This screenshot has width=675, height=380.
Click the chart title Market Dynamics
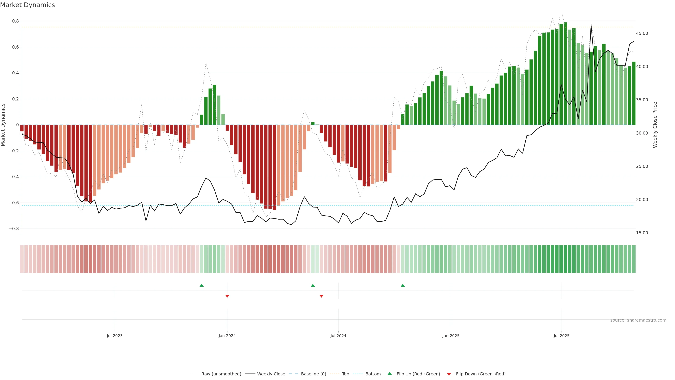[x=28, y=5]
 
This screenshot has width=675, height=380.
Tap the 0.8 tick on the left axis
[x=15, y=21]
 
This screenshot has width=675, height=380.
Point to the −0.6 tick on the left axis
[x=14, y=203]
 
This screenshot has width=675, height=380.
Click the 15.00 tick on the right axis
[x=642, y=233]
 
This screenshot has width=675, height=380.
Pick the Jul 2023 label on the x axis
[x=114, y=336]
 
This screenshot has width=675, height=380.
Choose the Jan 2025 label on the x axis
[x=451, y=336]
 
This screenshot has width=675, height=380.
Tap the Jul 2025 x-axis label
[x=561, y=336]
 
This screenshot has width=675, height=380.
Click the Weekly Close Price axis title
[x=655, y=125]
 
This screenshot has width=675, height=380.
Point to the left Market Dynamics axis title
[x=3, y=125]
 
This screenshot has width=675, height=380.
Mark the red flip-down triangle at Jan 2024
[x=227, y=296]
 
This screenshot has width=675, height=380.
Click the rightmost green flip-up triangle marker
[x=403, y=285]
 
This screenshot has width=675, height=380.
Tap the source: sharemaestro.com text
[x=638, y=320]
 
